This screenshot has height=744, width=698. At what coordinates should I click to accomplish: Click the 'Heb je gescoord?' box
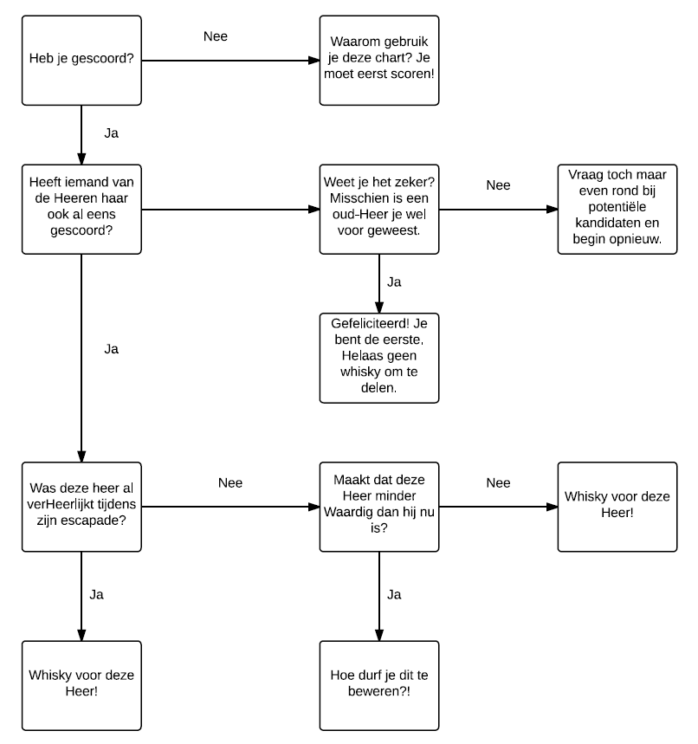(81, 61)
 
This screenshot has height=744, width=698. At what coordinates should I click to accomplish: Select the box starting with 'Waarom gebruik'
(379, 61)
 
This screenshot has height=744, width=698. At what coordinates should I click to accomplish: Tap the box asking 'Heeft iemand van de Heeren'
(81, 210)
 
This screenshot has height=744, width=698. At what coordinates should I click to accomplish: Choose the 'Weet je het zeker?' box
(379, 210)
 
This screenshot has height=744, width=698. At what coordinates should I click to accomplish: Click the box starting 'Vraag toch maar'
(617, 210)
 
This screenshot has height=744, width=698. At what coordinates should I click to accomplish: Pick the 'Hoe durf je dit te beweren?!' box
(379, 686)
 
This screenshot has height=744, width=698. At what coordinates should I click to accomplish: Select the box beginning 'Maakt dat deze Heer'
(379, 507)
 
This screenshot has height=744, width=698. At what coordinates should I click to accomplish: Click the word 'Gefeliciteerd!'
(370, 324)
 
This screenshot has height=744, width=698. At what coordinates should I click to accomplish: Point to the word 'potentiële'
(617, 207)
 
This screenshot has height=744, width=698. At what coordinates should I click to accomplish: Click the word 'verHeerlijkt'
(61, 504)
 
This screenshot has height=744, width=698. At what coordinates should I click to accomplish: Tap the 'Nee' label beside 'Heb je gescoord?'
(216, 36)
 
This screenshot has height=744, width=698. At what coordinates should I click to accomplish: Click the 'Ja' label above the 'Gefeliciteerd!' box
(394, 282)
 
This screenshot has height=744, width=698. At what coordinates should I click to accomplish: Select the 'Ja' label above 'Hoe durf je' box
(394, 594)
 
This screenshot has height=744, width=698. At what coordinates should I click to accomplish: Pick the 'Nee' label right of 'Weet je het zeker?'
(498, 185)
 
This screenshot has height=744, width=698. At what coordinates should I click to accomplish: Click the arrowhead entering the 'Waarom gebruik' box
(314, 61)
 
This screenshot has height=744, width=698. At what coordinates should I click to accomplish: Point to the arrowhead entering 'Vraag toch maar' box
(553, 210)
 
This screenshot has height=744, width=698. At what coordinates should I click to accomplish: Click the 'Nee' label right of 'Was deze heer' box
(230, 483)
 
